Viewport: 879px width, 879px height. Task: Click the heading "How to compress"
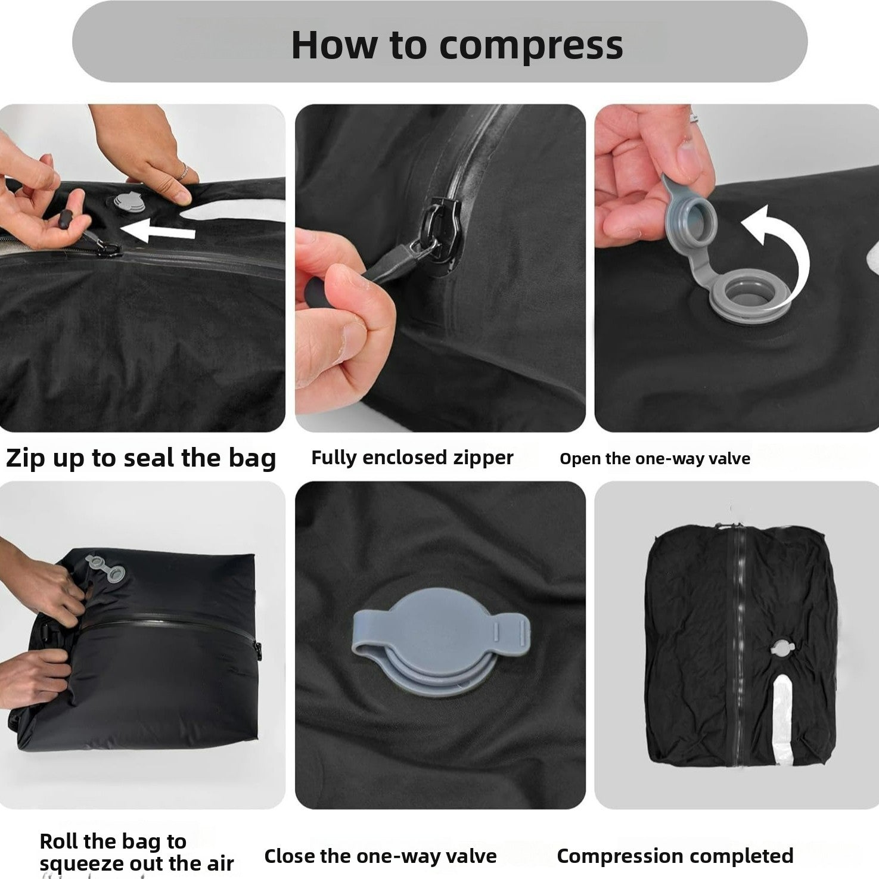coord(457,45)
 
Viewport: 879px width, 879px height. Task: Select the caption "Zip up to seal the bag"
coord(141,458)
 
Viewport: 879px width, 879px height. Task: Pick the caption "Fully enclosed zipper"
coord(412,458)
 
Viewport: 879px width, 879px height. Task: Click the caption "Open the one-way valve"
coord(654,458)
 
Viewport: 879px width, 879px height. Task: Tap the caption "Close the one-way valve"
coord(380,856)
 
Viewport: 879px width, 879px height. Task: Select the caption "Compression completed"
coord(675,856)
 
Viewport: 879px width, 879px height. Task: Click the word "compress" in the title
coord(530,45)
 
